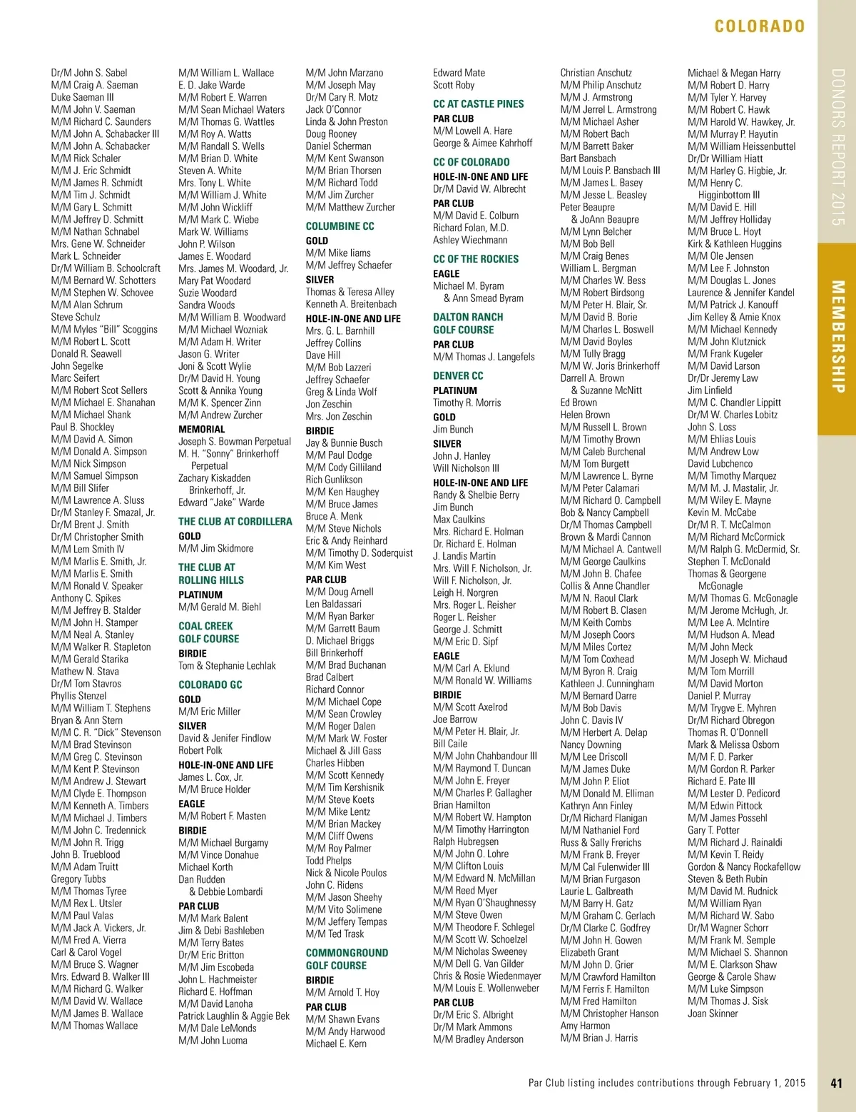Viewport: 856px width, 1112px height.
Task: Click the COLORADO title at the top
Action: [x=759, y=27]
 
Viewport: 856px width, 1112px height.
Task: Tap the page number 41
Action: [x=836, y=1083]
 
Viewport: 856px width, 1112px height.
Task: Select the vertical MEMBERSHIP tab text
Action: [x=837, y=337]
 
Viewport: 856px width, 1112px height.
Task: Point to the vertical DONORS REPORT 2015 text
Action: [x=837, y=147]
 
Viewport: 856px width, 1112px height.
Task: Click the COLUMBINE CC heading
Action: [x=340, y=226]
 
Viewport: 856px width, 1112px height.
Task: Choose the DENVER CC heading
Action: [x=458, y=375]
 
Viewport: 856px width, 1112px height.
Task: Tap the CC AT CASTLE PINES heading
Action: [x=478, y=104]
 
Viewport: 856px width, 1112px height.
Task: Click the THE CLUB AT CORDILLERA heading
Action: [x=235, y=522]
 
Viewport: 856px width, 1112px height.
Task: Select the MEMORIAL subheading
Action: [x=201, y=429]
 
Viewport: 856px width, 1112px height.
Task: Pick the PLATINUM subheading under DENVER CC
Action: [x=455, y=390]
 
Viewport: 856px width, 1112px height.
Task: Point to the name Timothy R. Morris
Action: [x=467, y=403]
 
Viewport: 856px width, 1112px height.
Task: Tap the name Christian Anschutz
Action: [x=596, y=73]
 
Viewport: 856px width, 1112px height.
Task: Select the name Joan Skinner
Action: [x=713, y=1013]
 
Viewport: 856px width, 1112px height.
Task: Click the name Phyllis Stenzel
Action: [x=78, y=696]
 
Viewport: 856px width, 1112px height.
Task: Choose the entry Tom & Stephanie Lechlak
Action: [x=227, y=666]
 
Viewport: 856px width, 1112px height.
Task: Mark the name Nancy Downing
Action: [x=591, y=744]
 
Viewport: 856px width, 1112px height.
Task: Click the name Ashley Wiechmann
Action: [x=470, y=240]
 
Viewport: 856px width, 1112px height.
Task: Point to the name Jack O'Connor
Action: [x=333, y=109]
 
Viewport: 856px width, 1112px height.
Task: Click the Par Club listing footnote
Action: [x=666, y=1083]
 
